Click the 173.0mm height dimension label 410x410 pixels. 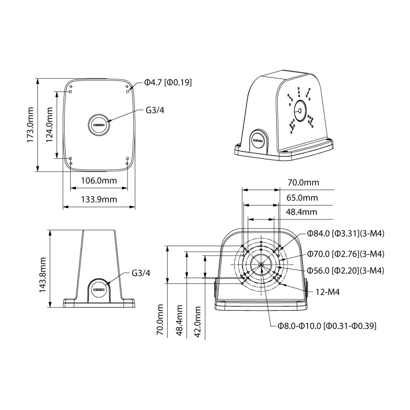(x=30, y=125)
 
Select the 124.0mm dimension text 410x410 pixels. (x=50, y=125)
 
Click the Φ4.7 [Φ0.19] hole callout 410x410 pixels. (x=168, y=82)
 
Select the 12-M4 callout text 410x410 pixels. (x=328, y=292)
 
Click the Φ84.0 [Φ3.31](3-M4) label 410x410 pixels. (x=346, y=233)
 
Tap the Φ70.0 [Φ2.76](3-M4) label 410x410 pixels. (x=346, y=254)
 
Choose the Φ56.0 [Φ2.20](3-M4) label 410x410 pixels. (x=346, y=270)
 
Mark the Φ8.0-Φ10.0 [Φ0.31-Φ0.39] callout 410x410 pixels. (x=328, y=326)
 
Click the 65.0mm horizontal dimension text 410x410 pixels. (x=302, y=198)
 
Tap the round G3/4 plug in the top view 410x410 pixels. (x=99, y=124)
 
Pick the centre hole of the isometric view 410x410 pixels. (x=299, y=109)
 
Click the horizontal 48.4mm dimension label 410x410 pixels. (x=302, y=212)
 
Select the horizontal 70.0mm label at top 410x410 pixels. (x=303, y=182)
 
